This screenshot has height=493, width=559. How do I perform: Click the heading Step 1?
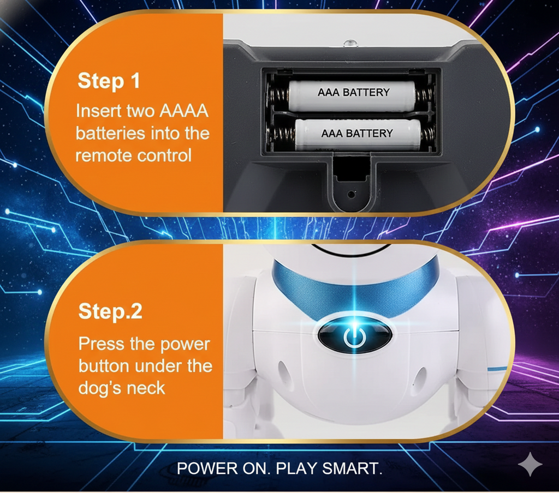pos(109,81)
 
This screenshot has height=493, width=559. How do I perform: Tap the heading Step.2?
pos(110,312)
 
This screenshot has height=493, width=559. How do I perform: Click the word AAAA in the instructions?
pos(183,111)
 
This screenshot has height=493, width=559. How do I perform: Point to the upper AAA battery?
pos(352,95)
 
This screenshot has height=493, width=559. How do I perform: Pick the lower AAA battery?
pos(358,134)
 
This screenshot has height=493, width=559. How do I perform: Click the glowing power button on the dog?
pos(354,335)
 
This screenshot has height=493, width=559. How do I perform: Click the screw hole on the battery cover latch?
pos(351,195)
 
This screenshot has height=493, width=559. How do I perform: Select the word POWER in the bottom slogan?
pos(207,468)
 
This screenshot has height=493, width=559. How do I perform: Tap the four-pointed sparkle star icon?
pos(530,464)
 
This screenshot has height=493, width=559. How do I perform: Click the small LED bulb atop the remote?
pos(350,44)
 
